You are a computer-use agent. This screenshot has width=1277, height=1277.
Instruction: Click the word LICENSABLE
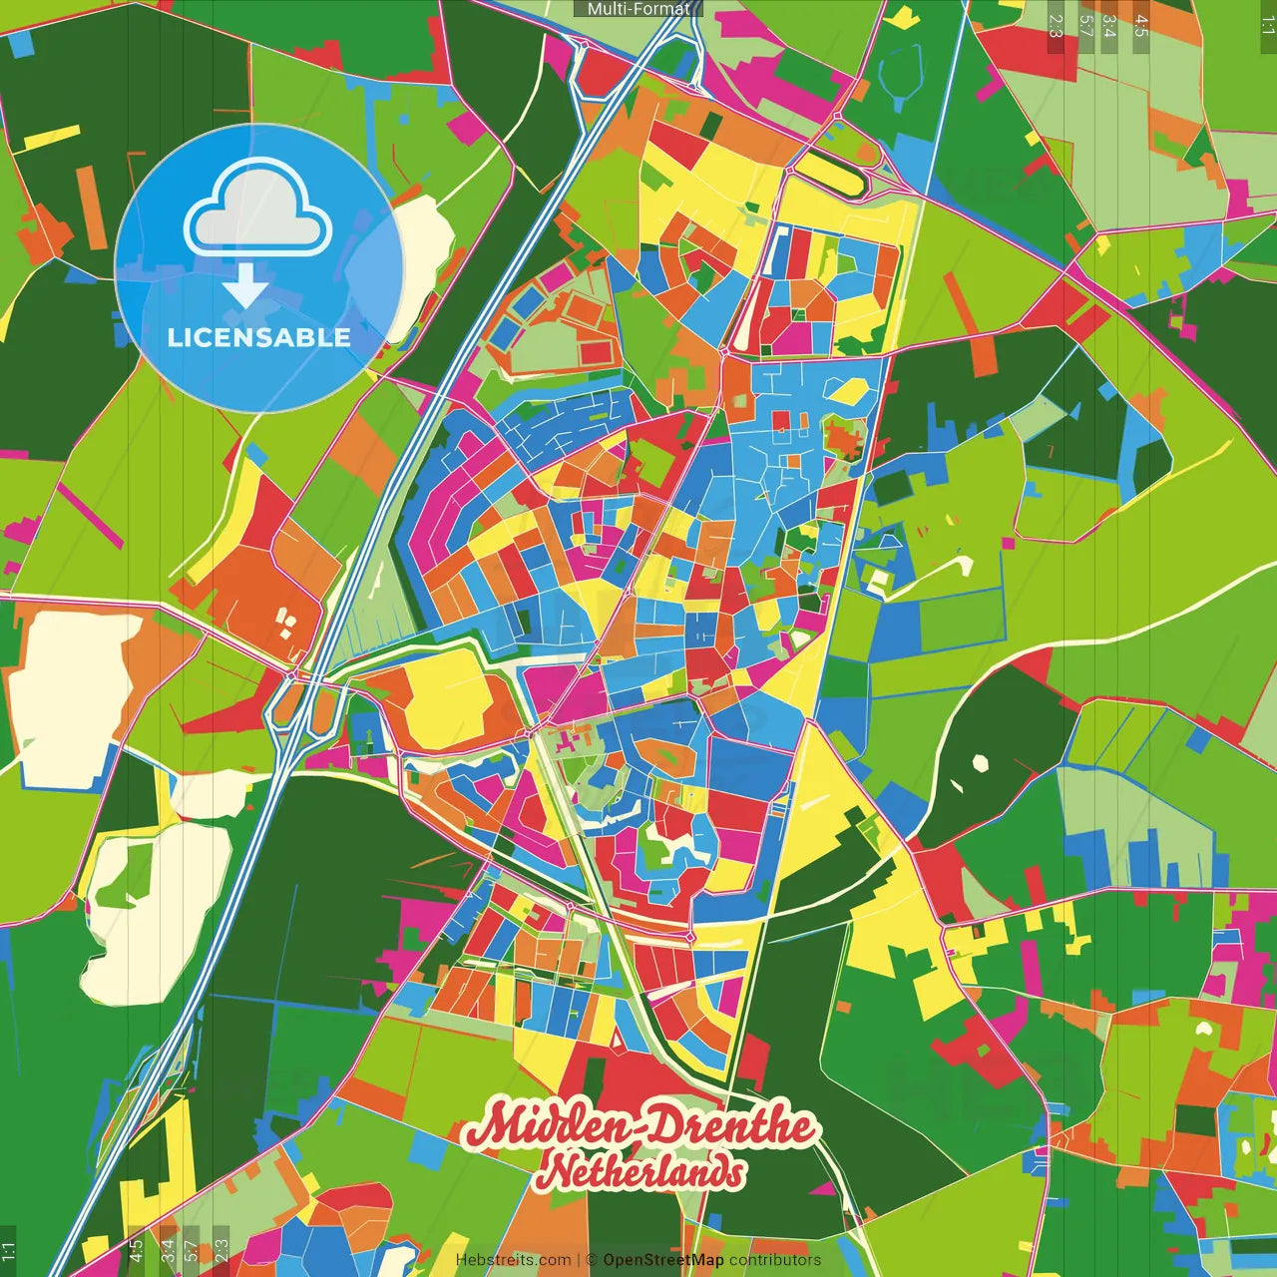point(259,337)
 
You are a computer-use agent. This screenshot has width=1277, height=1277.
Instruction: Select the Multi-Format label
point(638,9)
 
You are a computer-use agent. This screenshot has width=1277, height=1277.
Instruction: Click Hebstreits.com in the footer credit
point(514,1260)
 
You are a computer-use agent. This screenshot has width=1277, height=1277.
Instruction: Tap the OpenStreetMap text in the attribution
point(663,1260)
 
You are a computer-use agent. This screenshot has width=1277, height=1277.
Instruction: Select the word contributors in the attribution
point(775,1260)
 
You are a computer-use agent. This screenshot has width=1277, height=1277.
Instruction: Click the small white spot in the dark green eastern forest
point(980,763)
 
